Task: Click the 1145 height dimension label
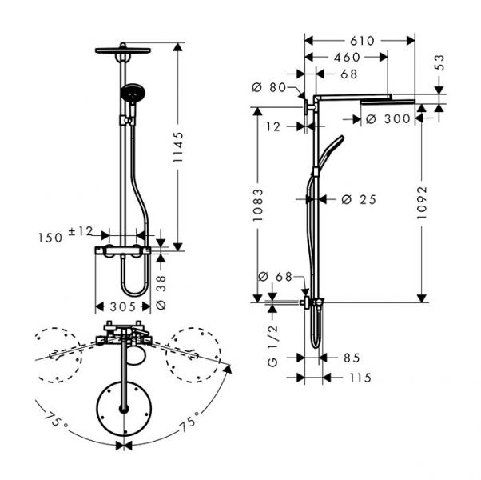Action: (x=182, y=148)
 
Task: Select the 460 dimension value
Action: (x=346, y=57)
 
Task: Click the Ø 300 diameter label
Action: (x=387, y=118)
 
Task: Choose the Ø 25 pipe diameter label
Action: (x=358, y=199)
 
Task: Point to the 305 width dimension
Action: (x=122, y=306)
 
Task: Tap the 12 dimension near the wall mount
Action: (x=273, y=126)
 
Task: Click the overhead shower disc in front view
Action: (x=122, y=50)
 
